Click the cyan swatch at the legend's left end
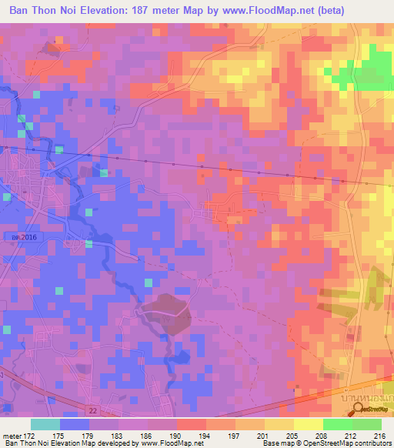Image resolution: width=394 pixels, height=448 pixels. (x=45, y=424)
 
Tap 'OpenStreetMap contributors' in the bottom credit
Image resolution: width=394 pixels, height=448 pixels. (x=349, y=444)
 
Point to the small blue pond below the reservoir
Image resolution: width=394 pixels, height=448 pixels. (x=181, y=357)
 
